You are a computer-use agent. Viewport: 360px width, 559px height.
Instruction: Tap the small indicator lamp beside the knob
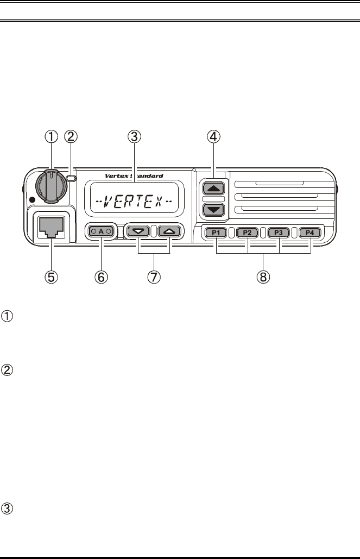pos(71,178)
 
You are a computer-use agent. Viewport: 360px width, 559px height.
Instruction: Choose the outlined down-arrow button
pos(139,231)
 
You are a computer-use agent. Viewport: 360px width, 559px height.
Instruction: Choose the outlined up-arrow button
pos(168,231)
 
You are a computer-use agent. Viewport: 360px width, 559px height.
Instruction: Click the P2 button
pos(248,233)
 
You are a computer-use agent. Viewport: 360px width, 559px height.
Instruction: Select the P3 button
pos(279,233)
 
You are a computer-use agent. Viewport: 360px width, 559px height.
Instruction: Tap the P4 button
pos(310,233)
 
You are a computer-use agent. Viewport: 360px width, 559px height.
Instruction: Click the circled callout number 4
pos(213,136)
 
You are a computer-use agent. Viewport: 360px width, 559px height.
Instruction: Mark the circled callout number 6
pos(102,277)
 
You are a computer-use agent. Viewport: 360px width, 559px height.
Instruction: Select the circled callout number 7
pos(154,277)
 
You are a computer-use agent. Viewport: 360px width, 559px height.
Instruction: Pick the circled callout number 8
pos(263,277)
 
